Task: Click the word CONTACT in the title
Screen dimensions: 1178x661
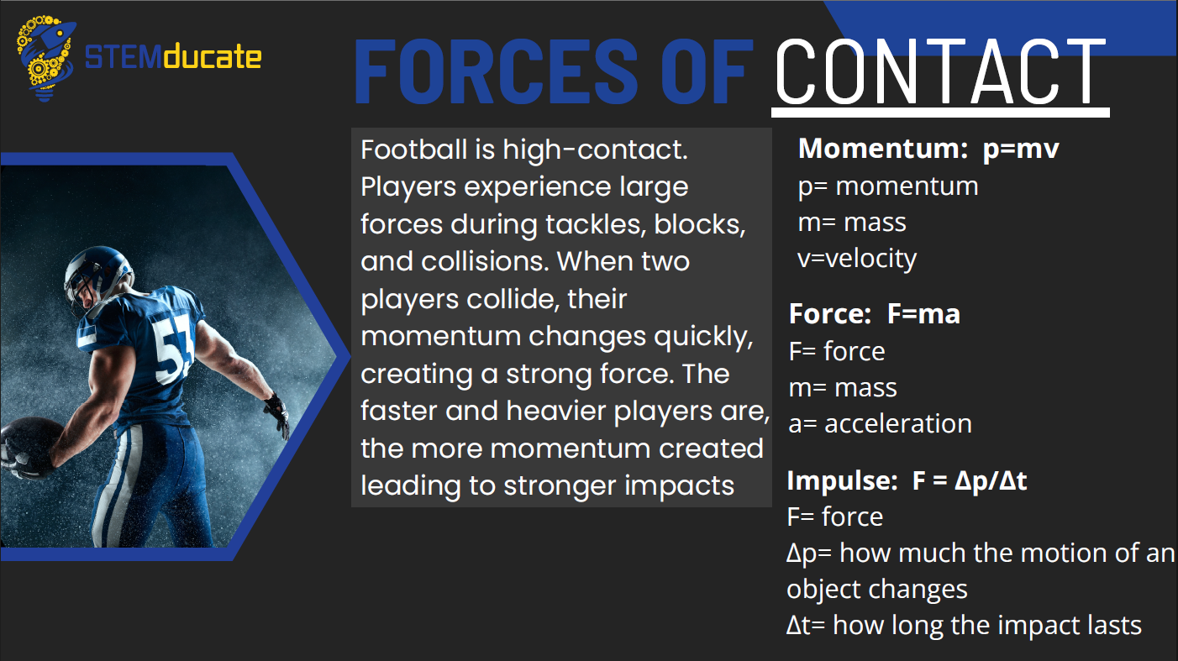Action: point(941,71)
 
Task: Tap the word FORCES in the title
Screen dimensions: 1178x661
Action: point(497,71)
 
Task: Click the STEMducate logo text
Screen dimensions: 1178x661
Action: point(173,57)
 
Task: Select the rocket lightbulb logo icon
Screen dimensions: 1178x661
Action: point(45,58)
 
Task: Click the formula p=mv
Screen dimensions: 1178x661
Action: point(1021,149)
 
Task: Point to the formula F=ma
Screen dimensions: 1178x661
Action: point(923,314)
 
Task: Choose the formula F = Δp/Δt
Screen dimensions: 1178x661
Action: point(970,480)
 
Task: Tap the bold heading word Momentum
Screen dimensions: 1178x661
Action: point(883,149)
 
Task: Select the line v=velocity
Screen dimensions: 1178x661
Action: point(857,259)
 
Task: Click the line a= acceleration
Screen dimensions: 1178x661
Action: point(881,424)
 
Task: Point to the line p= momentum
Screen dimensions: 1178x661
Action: point(888,186)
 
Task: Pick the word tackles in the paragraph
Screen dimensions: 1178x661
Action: point(596,224)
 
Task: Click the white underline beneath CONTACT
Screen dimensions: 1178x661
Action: point(940,113)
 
